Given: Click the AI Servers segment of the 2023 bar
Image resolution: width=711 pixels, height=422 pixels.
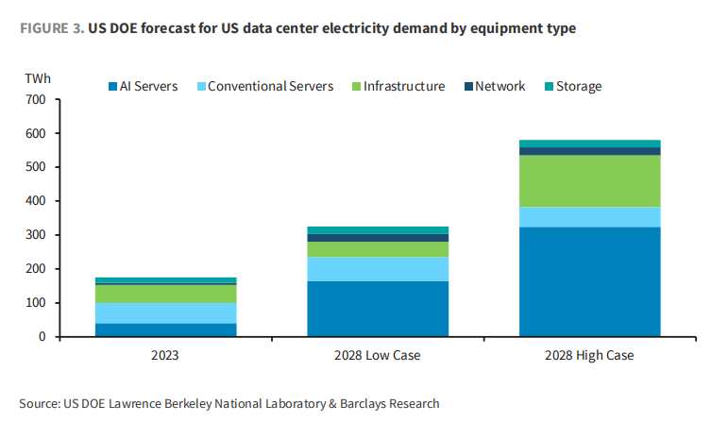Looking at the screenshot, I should click(x=165, y=329).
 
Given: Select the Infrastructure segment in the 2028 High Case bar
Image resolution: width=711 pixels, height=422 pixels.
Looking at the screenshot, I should click(x=589, y=180).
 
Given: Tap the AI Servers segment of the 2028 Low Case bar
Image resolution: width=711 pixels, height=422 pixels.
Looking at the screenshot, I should click(x=378, y=308).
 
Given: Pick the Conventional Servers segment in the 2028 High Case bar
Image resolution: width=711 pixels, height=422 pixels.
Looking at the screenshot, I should click(x=589, y=217).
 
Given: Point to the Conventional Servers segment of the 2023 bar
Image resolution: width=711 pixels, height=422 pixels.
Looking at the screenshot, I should click(x=165, y=312).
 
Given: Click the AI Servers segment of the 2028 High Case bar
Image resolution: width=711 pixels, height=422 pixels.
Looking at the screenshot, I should click(x=589, y=281).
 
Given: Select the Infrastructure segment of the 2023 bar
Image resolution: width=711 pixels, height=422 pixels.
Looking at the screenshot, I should click(x=165, y=293).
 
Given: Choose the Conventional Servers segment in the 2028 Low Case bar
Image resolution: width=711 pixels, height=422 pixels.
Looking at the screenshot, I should click(x=378, y=268).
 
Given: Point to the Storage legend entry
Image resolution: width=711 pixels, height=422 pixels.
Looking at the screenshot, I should click(x=570, y=87).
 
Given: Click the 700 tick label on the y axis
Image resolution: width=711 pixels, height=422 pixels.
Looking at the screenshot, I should click(x=36, y=99).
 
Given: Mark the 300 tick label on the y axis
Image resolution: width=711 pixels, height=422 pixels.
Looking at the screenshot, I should click(x=36, y=235).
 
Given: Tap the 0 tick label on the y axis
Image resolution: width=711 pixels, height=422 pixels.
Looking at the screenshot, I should click(x=42, y=337).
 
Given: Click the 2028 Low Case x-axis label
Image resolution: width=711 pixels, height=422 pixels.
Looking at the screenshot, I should click(x=378, y=356).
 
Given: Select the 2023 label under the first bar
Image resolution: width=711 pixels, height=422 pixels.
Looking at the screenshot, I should click(x=165, y=356).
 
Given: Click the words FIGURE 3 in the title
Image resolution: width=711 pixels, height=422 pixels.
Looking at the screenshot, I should click(x=50, y=28).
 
